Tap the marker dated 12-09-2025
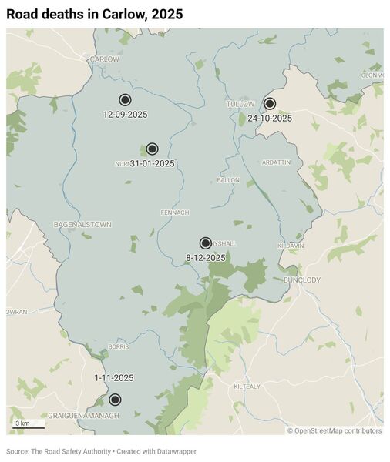click(x=125, y=100)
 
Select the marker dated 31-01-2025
click(x=152, y=149)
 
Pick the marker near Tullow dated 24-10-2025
click(x=270, y=104)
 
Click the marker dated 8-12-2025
click(x=206, y=243)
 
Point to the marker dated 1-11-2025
click(x=115, y=400)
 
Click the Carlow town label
click(x=105, y=59)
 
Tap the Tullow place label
click(x=240, y=103)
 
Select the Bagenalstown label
click(x=82, y=224)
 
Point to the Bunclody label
click(x=301, y=280)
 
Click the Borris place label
click(x=118, y=347)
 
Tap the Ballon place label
click(x=228, y=180)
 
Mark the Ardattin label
click(x=277, y=162)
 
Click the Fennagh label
click(x=175, y=213)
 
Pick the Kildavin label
click(x=291, y=246)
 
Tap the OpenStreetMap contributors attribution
click(x=335, y=431)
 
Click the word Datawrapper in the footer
click(x=176, y=450)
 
